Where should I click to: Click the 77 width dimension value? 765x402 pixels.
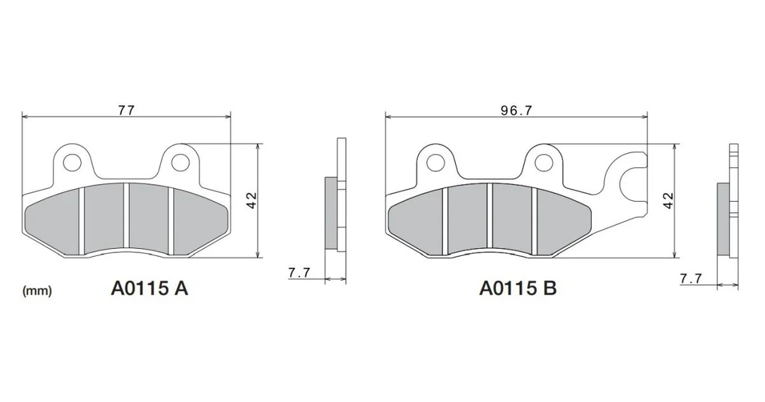[126, 110]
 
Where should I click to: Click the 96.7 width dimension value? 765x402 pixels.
[516, 111]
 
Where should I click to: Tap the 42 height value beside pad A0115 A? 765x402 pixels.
[251, 200]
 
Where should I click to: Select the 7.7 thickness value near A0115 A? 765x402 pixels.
[299, 272]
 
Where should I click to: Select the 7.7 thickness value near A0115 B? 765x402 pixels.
[691, 279]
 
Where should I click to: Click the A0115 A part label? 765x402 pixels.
[149, 288]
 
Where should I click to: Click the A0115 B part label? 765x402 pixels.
[518, 288]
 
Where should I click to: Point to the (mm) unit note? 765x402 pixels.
[37, 291]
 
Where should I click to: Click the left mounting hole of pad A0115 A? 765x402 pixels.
[73, 162]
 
